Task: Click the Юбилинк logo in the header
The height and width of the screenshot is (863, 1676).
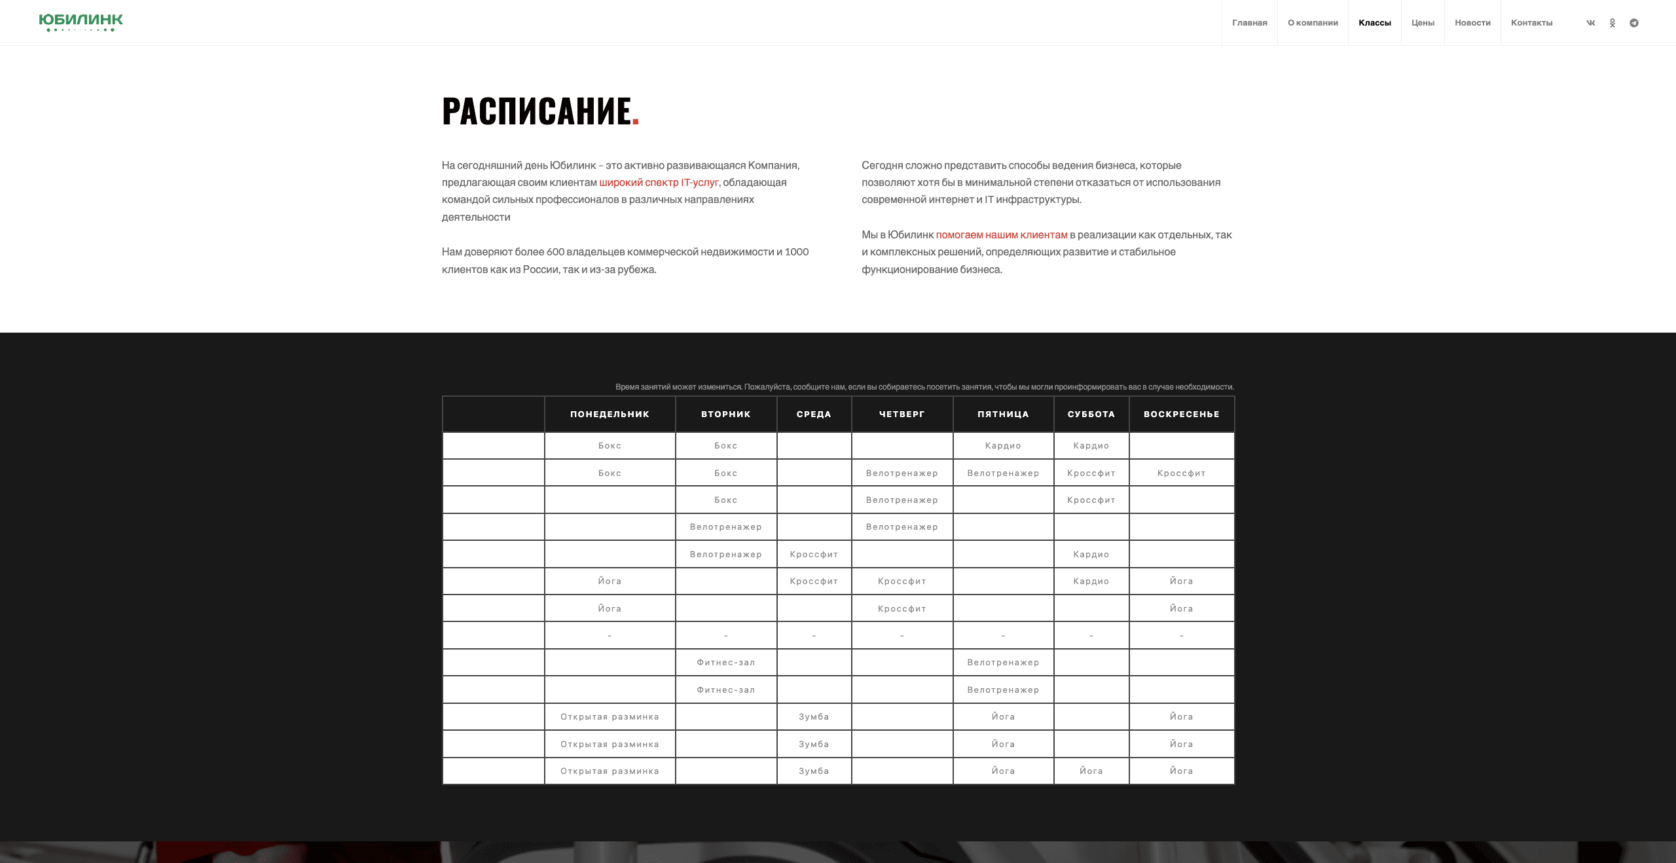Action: pos(81,22)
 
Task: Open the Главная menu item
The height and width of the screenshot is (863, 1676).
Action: pos(1249,23)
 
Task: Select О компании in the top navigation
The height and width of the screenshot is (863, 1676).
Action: pos(1313,23)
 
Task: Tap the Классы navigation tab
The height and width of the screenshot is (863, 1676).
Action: pos(1374,23)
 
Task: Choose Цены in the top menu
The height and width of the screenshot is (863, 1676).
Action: pos(1423,23)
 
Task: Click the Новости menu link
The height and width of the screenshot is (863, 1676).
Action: pos(1472,23)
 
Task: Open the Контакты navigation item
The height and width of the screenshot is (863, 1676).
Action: pos(1531,23)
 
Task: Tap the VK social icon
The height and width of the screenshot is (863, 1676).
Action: pos(1591,23)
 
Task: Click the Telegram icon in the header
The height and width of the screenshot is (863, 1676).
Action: pos(1634,23)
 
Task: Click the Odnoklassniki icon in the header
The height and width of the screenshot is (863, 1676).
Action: pos(1612,23)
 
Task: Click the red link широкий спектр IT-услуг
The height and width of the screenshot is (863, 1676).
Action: pos(659,183)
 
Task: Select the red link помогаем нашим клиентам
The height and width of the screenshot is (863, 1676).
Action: pos(1001,235)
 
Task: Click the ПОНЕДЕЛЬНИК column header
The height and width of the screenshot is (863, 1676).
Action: pos(610,414)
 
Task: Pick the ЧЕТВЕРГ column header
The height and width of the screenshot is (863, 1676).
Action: pos(902,414)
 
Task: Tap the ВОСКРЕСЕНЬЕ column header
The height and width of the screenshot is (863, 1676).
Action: pos(1181,414)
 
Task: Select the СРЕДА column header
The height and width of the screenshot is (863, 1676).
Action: pos(814,414)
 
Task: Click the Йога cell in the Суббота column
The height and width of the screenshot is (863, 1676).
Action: pos(1091,771)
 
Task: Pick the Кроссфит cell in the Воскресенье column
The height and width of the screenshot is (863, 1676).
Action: pos(1181,473)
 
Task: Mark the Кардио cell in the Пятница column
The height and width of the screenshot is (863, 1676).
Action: pos(1003,446)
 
